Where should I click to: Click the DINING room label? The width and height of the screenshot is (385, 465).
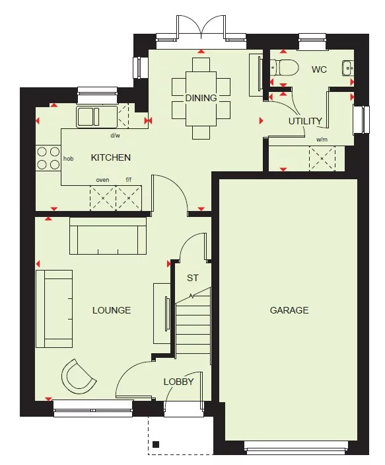coord(201,98)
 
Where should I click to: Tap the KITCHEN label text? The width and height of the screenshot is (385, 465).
coord(110,157)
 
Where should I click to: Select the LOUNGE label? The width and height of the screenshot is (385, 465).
coord(111,310)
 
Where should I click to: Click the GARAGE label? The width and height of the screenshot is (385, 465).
coord(289,310)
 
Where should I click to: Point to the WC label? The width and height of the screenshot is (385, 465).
coord(319,69)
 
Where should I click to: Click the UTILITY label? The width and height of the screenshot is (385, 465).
coord(305,121)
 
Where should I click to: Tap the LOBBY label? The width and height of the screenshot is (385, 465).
coord(179,381)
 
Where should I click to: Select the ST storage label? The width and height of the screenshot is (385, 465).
coord(192,278)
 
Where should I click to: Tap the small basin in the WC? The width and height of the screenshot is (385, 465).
coord(347,66)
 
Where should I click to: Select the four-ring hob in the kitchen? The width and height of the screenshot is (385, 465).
coord(48,157)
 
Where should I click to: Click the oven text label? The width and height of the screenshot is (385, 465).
coord(102,180)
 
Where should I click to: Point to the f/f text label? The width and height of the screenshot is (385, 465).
coord(129,180)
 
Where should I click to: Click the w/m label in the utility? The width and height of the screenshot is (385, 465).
coord(322,140)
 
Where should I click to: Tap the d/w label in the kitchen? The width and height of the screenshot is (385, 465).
coord(115,136)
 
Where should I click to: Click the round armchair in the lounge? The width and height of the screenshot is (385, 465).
coord(79,375)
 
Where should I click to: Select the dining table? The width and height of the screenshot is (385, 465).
coord(201,97)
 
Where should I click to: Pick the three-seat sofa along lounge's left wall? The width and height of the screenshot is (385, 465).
coord(54,308)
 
